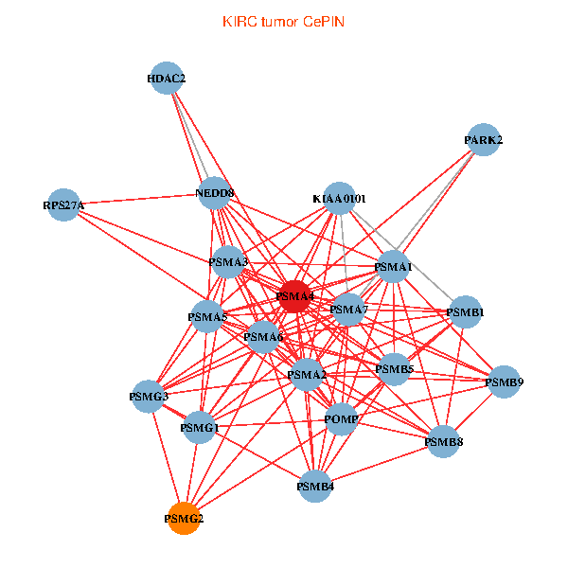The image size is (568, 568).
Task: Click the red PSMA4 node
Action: [x=294, y=296]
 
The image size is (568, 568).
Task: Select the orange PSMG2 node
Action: [x=184, y=518]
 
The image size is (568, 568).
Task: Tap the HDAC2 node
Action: [x=167, y=79]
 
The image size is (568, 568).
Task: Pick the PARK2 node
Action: [x=484, y=140]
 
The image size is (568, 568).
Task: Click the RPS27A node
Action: [x=63, y=204]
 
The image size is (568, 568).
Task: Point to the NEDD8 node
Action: [x=215, y=194]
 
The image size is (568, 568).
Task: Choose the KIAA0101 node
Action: [x=339, y=199]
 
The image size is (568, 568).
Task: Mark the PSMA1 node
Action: [x=394, y=268]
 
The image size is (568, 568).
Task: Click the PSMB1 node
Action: [x=466, y=311]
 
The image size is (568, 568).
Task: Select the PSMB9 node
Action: [x=504, y=382]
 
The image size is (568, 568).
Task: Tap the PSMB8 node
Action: [x=443, y=441]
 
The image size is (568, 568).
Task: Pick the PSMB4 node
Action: [x=315, y=487]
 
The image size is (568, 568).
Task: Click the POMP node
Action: [x=341, y=418]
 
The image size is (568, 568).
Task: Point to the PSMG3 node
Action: [x=149, y=396]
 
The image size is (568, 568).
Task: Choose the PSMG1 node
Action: [x=200, y=428]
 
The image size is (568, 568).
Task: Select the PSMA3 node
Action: [x=228, y=261]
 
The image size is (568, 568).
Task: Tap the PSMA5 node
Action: [x=207, y=316]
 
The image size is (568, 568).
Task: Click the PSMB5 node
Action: [x=394, y=368]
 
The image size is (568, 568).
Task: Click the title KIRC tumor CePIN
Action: [x=283, y=21]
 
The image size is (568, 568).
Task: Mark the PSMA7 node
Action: [x=348, y=309]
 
